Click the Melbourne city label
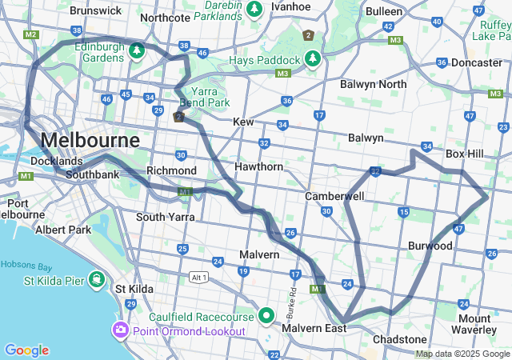(89, 140)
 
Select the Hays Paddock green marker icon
(311, 59)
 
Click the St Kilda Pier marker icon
(96, 279)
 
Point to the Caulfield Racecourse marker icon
(267, 314)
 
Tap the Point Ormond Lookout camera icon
(121, 330)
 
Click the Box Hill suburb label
(465, 153)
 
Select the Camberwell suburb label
(334, 196)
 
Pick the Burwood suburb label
(430, 246)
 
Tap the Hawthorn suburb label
(258, 167)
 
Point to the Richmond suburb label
(171, 171)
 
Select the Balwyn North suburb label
(373, 84)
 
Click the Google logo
(26, 350)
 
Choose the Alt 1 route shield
(198, 278)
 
